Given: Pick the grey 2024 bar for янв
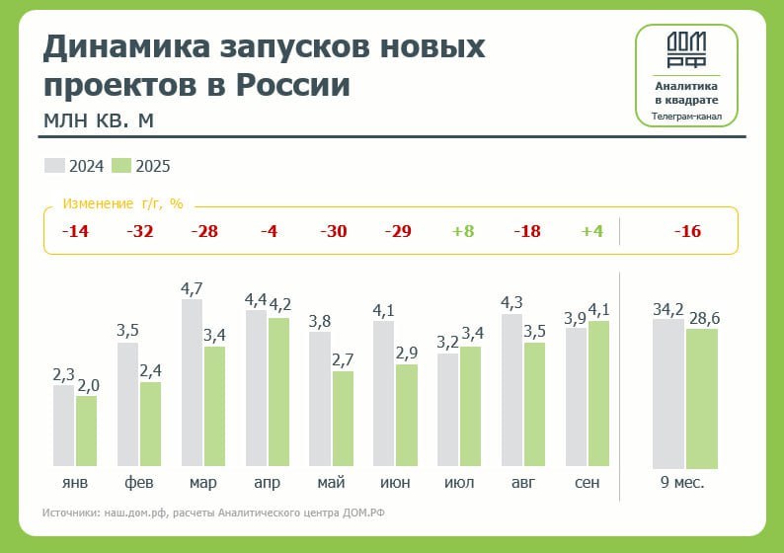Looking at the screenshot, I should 63,426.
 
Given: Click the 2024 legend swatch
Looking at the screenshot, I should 54,166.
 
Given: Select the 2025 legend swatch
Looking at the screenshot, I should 121,166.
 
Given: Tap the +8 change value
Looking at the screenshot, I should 463,232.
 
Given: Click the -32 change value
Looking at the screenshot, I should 140,232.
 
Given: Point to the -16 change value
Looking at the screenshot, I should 687,232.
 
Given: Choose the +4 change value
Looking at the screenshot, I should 591,232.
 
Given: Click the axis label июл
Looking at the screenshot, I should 459,483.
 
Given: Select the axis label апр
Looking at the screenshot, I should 267,483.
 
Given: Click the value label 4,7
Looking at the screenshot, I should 192,289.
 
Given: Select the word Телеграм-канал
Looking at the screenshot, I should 685,117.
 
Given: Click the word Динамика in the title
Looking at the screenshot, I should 123,46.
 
